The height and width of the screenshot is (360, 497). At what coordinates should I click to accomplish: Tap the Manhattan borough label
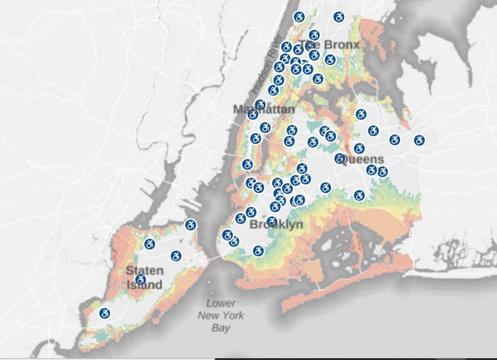[x=264, y=110]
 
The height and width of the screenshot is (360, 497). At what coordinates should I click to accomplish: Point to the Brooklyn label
[x=276, y=225]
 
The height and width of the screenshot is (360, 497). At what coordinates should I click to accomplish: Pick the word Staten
[x=144, y=270]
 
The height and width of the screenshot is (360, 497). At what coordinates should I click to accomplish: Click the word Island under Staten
[x=144, y=285]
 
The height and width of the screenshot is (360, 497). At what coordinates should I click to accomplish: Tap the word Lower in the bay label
[x=221, y=304]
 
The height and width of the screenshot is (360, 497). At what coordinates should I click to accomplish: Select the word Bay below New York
[x=221, y=328]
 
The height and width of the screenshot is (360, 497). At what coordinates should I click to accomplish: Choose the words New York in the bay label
[x=221, y=315]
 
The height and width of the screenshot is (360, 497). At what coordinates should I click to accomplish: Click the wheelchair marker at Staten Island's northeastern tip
[x=191, y=224]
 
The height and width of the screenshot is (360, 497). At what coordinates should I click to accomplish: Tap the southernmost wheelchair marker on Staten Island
[x=105, y=313]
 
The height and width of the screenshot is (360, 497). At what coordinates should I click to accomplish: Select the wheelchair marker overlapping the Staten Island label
[x=141, y=279]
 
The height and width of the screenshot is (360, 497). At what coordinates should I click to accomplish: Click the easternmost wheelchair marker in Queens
[x=419, y=140]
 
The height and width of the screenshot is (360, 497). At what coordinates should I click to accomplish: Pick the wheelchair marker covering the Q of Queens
[x=340, y=158]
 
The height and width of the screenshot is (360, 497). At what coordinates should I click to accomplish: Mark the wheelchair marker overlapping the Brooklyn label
[x=272, y=222]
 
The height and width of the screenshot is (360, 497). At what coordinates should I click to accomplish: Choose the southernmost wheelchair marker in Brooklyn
[x=258, y=251]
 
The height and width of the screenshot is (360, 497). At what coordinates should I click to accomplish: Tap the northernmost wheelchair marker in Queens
[x=361, y=114]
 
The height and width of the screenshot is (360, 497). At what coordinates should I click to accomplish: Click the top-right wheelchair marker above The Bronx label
[x=338, y=17]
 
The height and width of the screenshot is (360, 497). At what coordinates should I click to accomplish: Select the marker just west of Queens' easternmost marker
[x=395, y=140]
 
